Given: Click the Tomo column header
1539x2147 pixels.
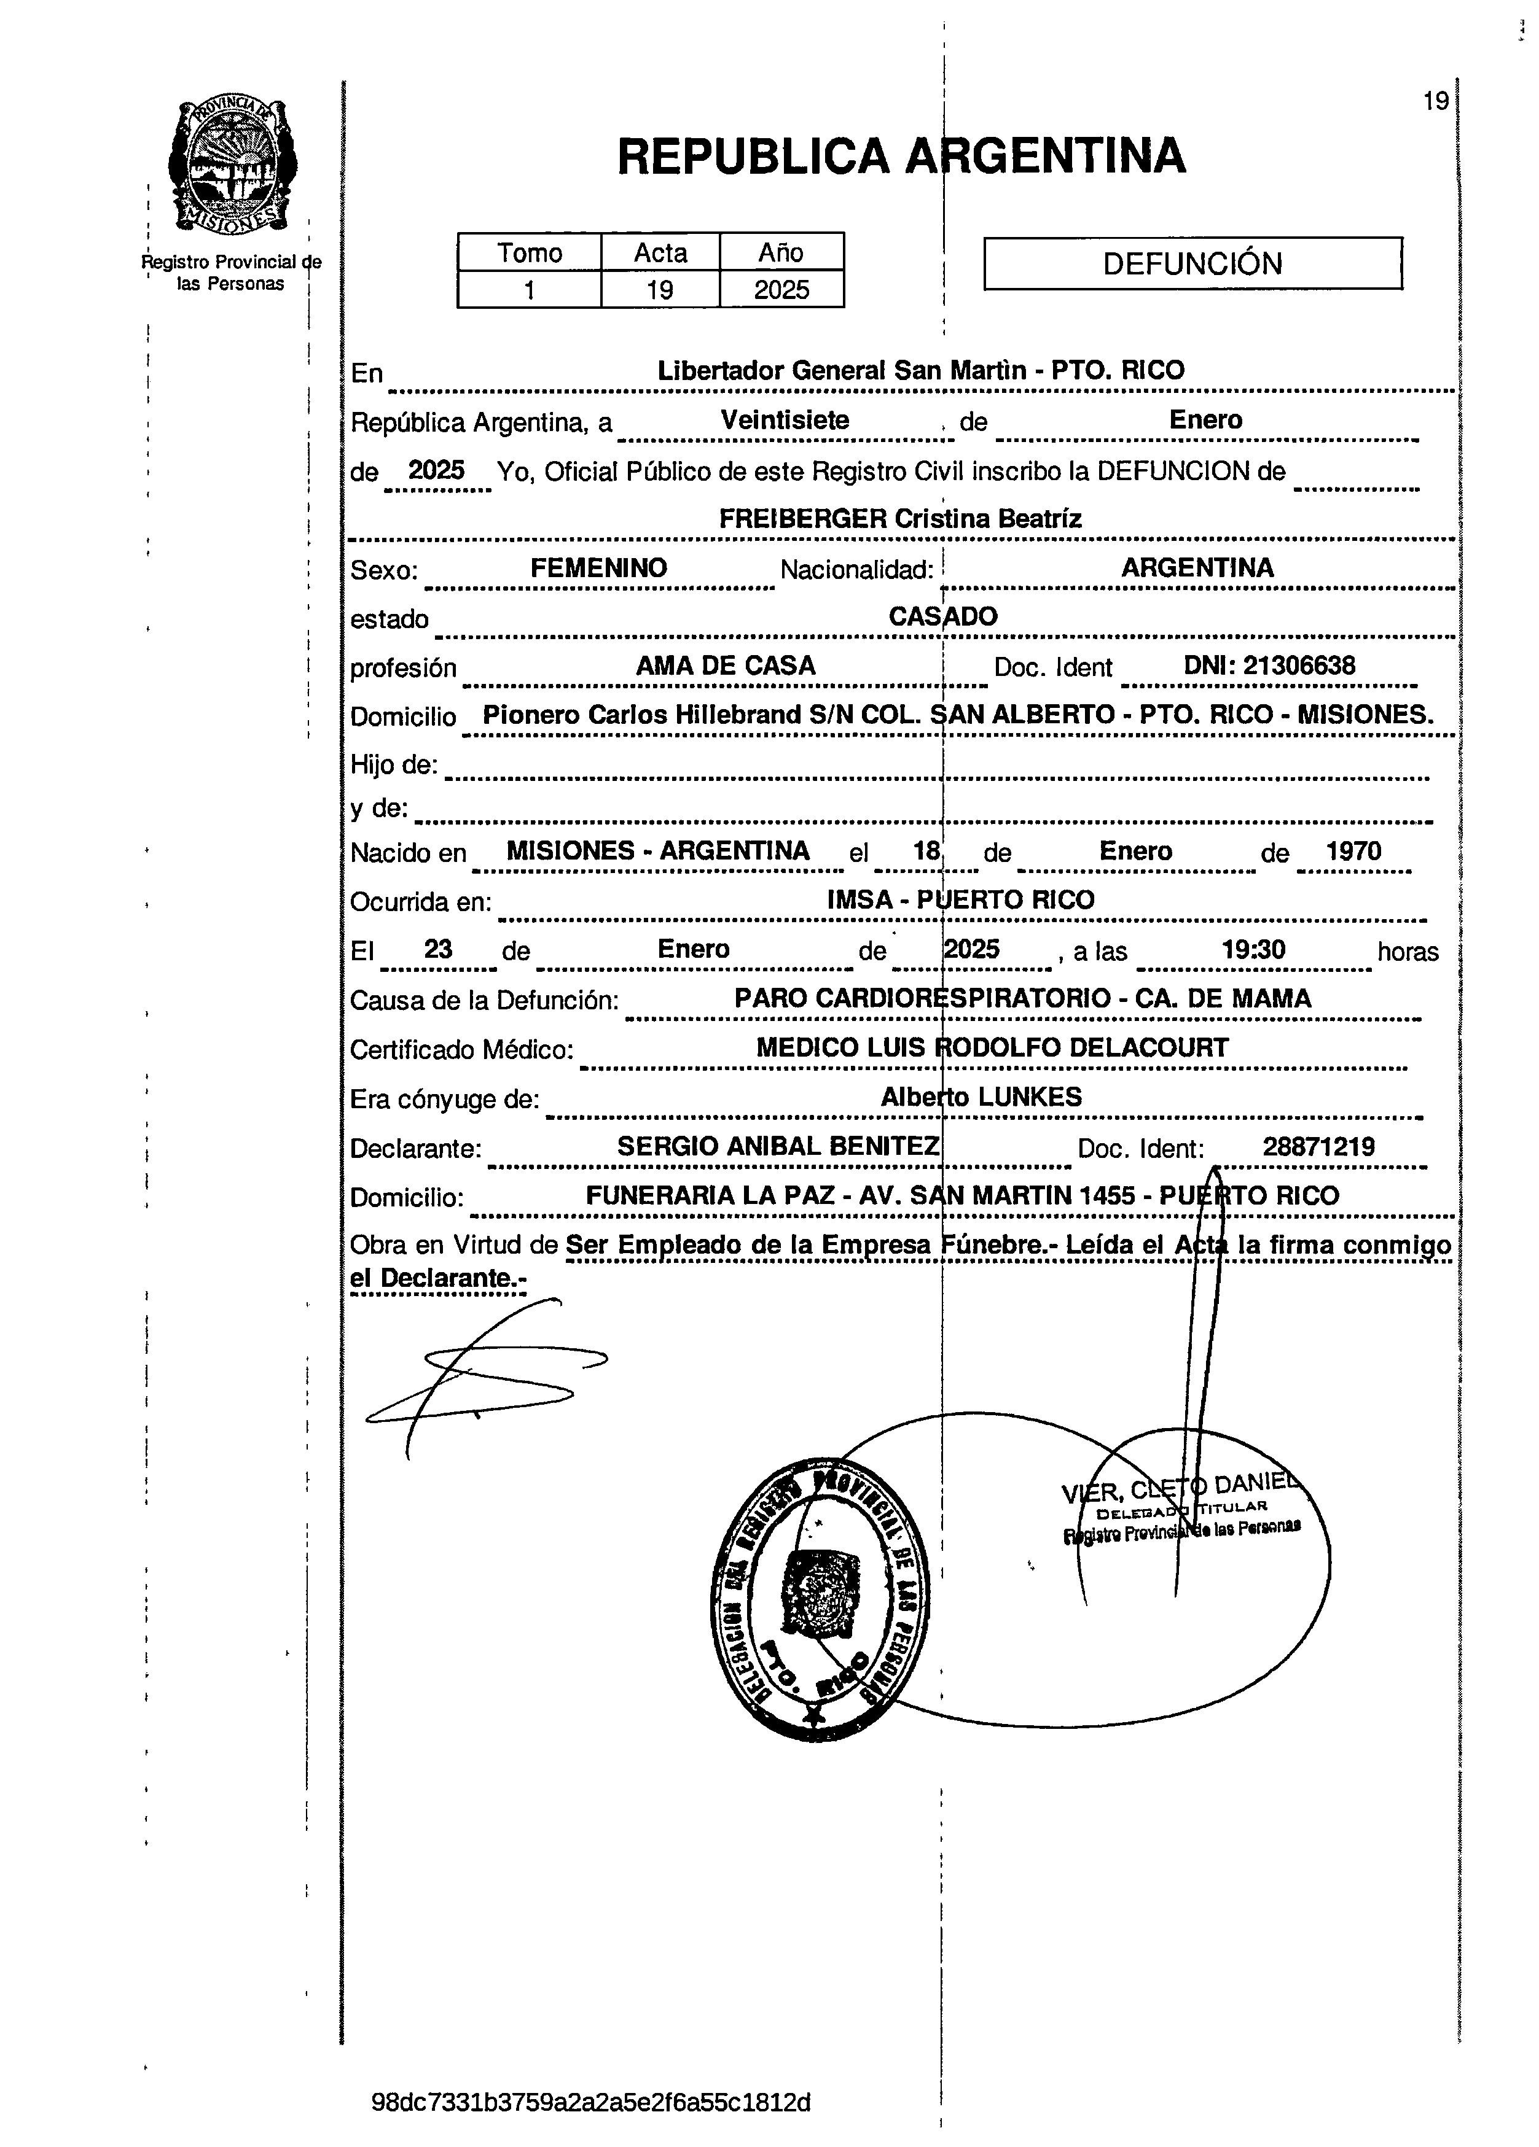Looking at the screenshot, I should [530, 253].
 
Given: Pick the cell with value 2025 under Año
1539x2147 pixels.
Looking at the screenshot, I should [781, 290].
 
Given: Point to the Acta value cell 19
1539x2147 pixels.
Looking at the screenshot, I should [659, 290].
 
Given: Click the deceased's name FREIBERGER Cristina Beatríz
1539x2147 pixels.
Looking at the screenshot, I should [899, 519].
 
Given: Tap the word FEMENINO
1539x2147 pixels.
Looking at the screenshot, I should [598, 568].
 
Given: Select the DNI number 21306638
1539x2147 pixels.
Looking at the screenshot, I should [1298, 666].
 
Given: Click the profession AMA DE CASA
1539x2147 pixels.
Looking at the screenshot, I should [726, 666].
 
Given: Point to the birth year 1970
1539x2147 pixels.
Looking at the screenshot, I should [1353, 851].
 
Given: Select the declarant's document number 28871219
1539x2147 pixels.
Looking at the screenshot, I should [1318, 1147].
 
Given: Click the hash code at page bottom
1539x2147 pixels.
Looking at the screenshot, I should [591, 2103].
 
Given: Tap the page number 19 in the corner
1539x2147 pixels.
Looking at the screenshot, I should [1435, 101].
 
